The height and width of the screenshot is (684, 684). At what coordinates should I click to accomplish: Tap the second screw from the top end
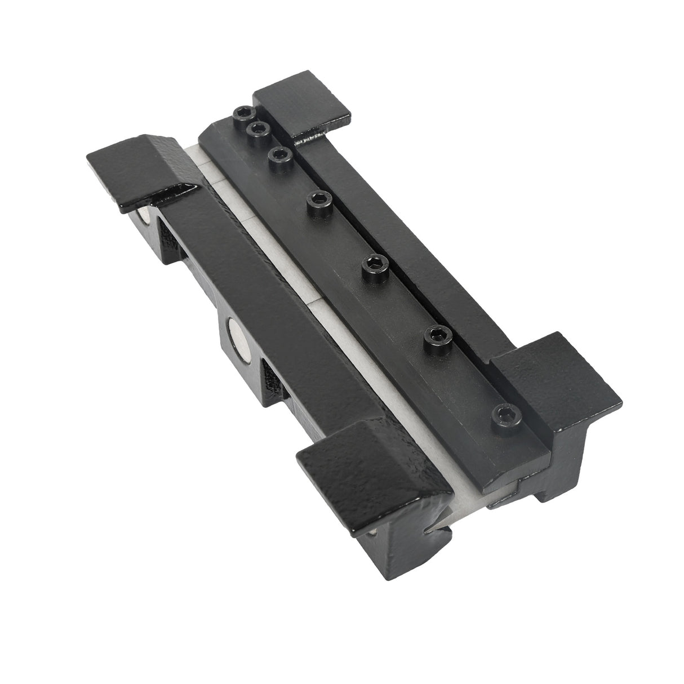(x=259, y=130)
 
